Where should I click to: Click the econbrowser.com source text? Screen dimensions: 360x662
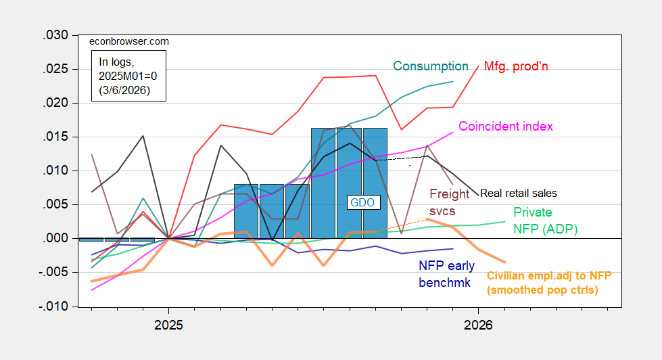tap(129, 41)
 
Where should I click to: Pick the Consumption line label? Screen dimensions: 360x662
tap(431, 66)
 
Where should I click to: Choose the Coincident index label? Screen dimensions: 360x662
tap(506, 127)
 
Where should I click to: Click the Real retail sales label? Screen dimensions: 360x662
tap(528, 194)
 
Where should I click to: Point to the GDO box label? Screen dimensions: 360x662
tap(362, 202)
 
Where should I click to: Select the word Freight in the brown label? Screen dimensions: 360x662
tap(450, 194)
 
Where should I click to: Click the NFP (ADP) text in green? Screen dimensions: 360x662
tap(545, 229)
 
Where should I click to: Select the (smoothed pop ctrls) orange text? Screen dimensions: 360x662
tap(542, 290)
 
